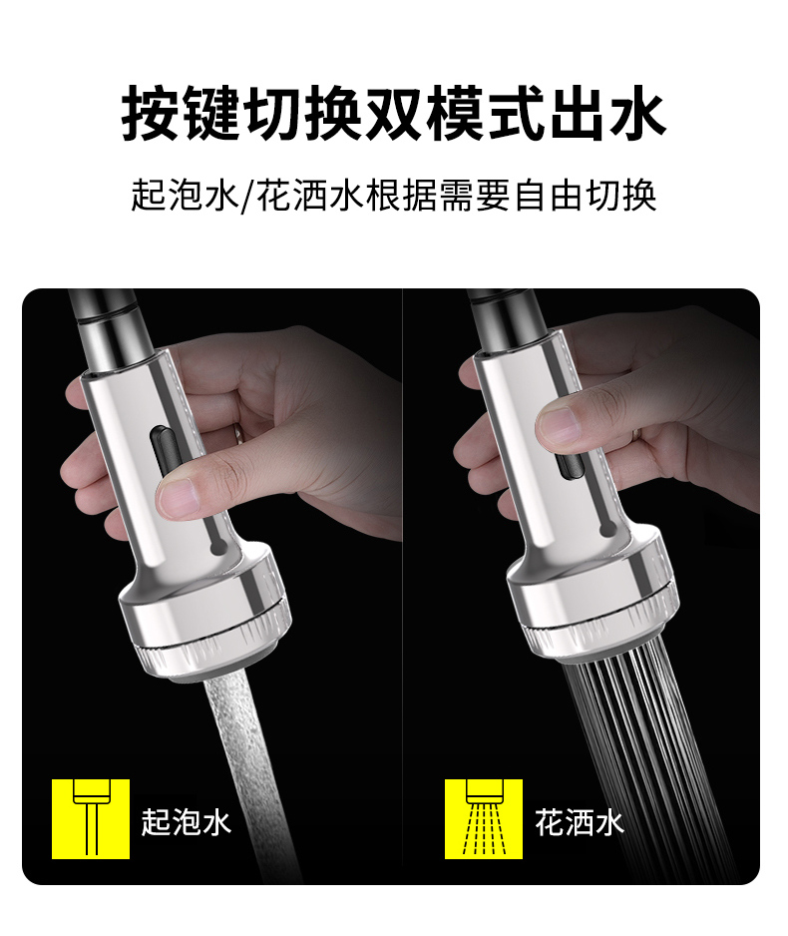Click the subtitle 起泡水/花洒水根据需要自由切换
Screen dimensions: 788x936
[x=394, y=196]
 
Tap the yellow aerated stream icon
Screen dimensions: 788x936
[x=91, y=818]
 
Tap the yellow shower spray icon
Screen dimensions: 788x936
[x=483, y=818]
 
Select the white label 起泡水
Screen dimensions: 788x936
[x=187, y=822]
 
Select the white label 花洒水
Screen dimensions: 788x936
[x=580, y=822]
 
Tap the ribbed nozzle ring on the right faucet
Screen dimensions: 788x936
[x=602, y=630]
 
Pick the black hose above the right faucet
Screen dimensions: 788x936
[x=507, y=319]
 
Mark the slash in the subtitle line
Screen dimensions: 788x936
[x=247, y=196]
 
